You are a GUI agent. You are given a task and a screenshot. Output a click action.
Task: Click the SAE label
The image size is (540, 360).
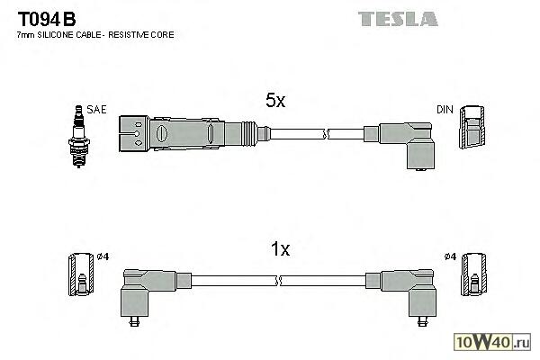pos(97,109)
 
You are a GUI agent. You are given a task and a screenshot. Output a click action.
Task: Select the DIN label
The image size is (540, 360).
pos(445,110)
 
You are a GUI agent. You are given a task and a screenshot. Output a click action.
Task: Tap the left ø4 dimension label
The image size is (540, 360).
pos(102,258)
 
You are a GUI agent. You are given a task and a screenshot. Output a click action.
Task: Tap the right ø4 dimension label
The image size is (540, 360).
pos(450,258)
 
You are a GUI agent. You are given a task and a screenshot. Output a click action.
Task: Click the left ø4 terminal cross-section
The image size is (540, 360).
pos(79,275)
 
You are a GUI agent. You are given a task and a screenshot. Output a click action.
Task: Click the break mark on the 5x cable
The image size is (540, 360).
pos(326,134)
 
